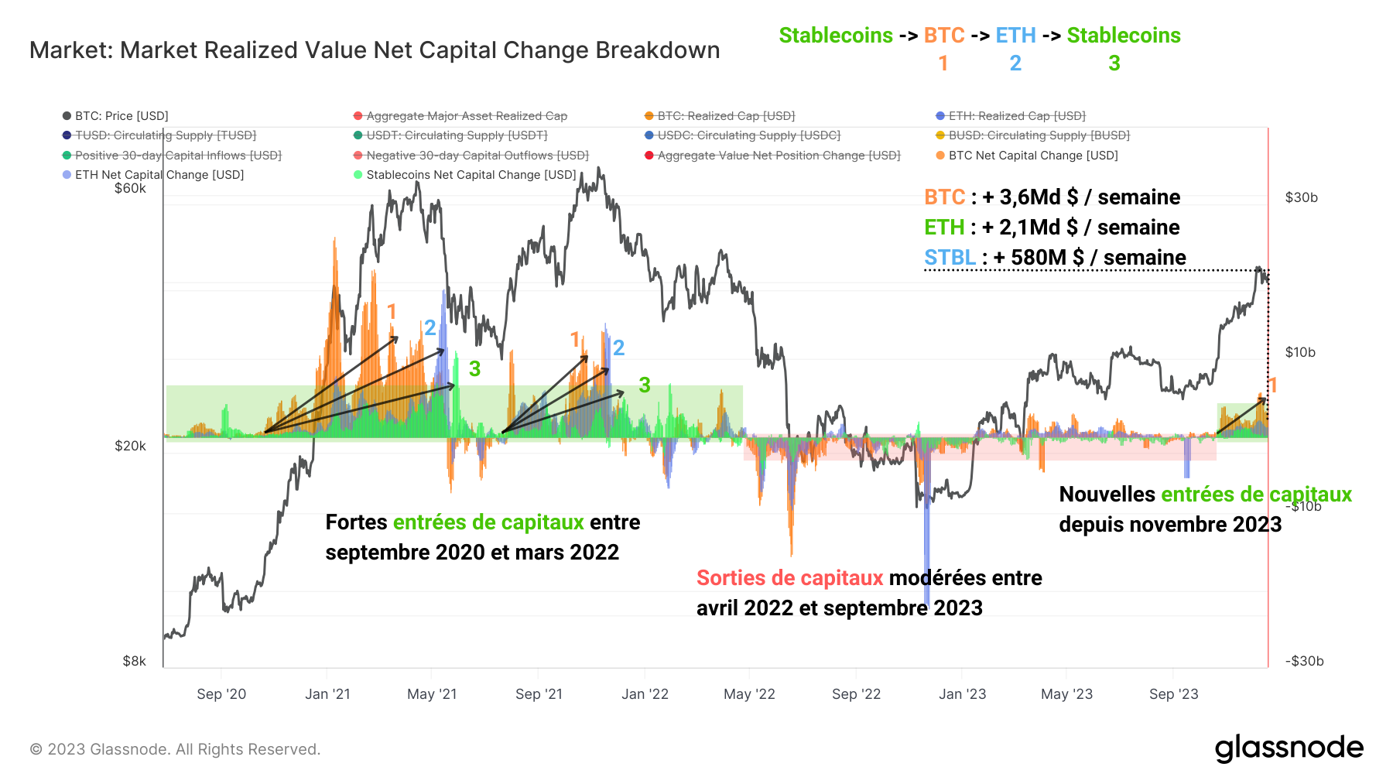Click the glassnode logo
click(1289, 748)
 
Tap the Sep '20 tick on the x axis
click(221, 694)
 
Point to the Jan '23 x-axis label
click(962, 694)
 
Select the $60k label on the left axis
click(130, 188)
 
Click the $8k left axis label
click(134, 661)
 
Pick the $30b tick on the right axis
click(1301, 197)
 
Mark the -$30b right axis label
click(1304, 661)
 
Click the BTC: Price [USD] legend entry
click(121, 116)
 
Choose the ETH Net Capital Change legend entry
click(159, 175)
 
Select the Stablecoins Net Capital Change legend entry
click(471, 175)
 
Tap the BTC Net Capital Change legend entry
click(1032, 156)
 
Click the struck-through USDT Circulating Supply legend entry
click(457, 135)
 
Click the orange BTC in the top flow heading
click(944, 36)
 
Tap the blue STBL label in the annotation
click(950, 258)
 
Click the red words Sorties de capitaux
click(789, 578)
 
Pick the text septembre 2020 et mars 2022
click(472, 553)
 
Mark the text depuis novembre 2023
click(1170, 525)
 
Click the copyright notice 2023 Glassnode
click(175, 749)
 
